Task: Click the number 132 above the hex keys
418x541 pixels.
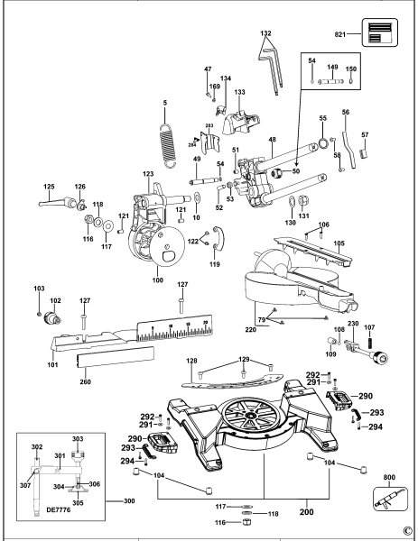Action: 265,32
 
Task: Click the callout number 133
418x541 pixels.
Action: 240,93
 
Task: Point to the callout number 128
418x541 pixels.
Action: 190,362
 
